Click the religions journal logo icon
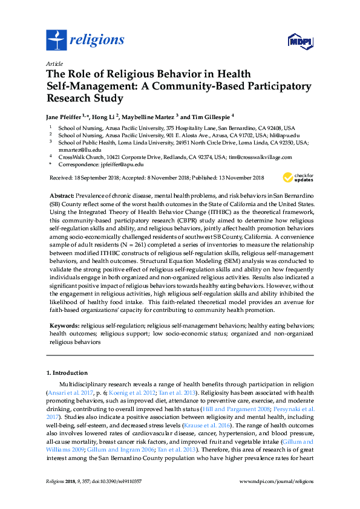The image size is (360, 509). pyautogui.click(x=56, y=41)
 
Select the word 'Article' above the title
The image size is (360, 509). pyautogui.click(x=55, y=63)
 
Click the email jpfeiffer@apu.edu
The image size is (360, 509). pyautogui.click(x=122, y=164)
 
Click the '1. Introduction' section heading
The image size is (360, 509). pyautogui.click(x=67, y=373)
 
